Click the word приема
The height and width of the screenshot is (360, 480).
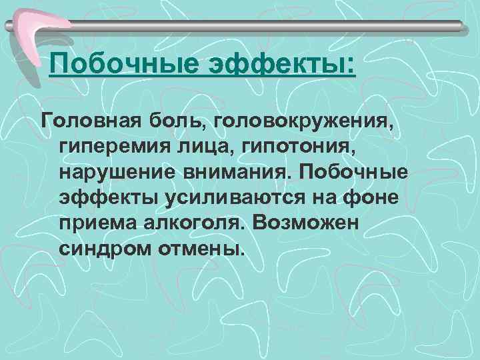coord(97,224)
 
